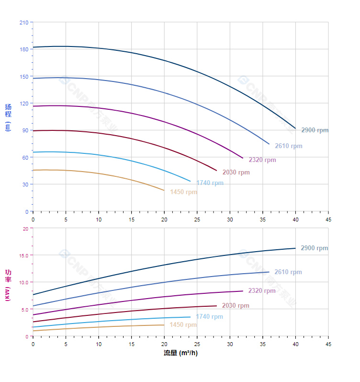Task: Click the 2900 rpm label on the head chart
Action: [315, 130]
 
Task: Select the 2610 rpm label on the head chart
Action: [288, 146]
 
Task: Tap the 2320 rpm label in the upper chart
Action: [262, 160]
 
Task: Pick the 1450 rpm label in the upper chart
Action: [183, 192]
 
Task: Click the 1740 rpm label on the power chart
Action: [209, 317]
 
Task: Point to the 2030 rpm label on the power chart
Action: [236, 306]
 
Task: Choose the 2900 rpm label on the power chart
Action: [314, 248]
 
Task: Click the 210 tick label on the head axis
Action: [24, 23]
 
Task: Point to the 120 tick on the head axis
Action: [24, 104]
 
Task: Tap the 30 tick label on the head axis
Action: [25, 185]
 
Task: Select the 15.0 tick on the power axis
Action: [23, 255]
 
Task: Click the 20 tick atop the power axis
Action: [25, 229]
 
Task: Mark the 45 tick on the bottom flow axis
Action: [328, 344]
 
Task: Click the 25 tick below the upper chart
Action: [197, 220]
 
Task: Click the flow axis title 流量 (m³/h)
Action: [180, 353]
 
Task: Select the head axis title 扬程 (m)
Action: [8, 117]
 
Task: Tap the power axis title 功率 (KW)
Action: [8, 285]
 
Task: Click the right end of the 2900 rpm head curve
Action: [295, 128]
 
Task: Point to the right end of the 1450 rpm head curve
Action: [164, 191]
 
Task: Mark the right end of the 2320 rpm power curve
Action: [243, 291]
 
